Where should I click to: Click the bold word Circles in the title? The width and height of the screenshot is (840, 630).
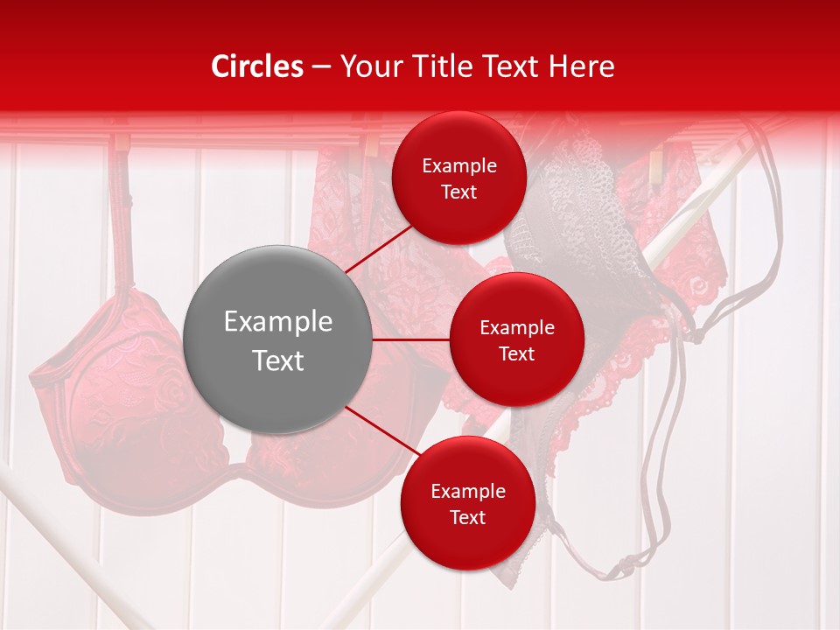(x=257, y=66)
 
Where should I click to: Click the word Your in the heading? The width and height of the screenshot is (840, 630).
(x=368, y=66)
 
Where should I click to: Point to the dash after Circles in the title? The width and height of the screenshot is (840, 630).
(x=321, y=67)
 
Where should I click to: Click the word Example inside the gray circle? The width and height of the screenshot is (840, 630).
(x=277, y=321)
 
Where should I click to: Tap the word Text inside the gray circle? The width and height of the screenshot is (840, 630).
(x=277, y=360)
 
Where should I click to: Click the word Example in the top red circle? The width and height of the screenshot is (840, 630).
(x=458, y=165)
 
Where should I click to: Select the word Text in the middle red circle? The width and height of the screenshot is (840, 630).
(x=516, y=353)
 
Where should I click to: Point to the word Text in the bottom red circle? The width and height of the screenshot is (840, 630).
(x=467, y=517)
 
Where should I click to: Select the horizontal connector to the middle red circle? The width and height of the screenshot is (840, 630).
(x=411, y=339)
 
